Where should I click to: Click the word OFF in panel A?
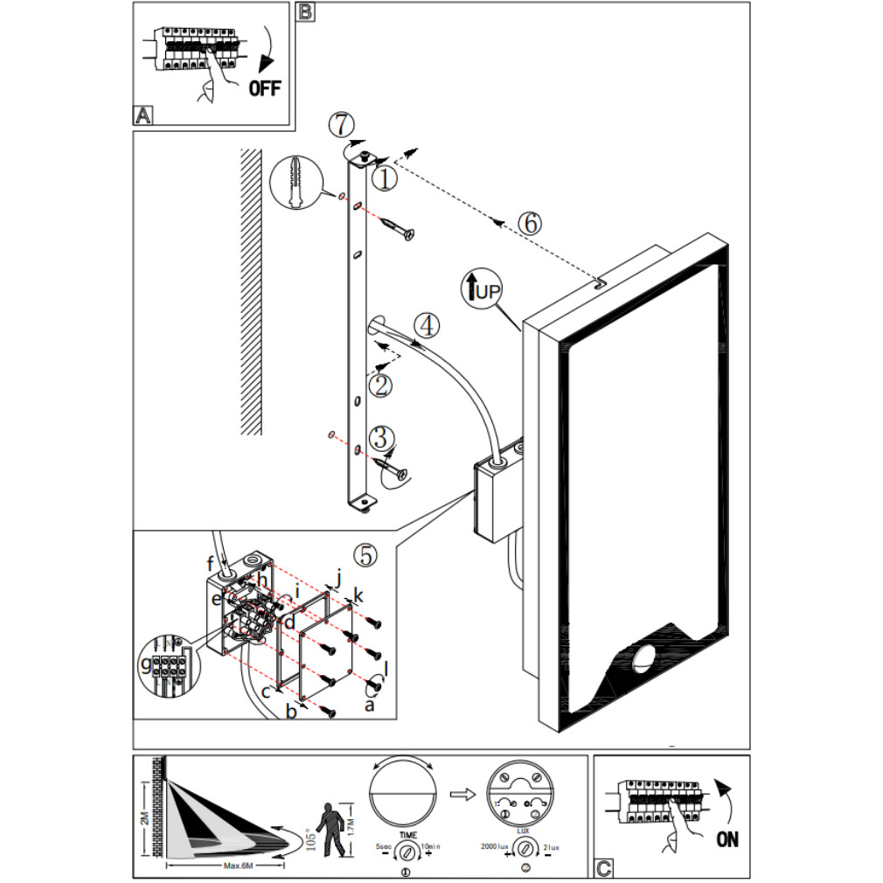click(266, 87)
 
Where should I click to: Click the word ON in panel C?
click(727, 839)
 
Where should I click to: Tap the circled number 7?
click(341, 124)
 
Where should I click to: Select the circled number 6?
click(529, 222)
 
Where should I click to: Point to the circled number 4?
click(427, 325)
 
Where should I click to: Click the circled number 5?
click(365, 553)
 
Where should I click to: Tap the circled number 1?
click(385, 178)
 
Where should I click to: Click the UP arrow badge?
click(481, 288)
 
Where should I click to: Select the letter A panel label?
click(143, 115)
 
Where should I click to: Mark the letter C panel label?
click(603, 868)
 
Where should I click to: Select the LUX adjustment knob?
click(525, 846)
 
